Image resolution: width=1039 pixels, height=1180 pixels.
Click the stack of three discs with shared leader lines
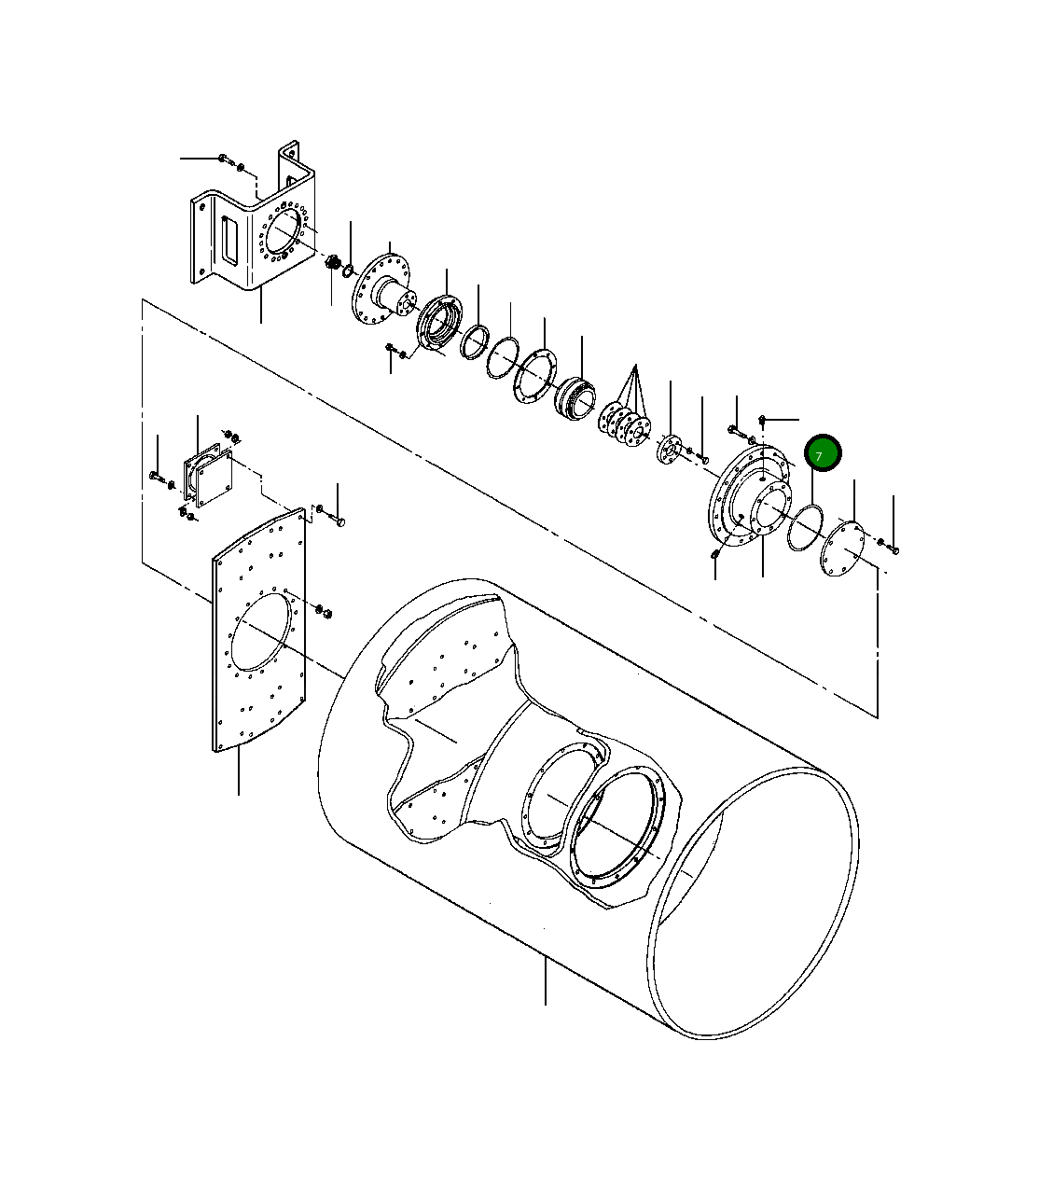[624, 424]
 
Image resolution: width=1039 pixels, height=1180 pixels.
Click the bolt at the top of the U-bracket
[223, 160]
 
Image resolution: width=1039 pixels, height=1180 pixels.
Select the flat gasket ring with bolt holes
[534, 377]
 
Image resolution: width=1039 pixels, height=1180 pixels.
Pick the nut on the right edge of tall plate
[323, 611]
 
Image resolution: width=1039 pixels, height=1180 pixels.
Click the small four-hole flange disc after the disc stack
[668, 448]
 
